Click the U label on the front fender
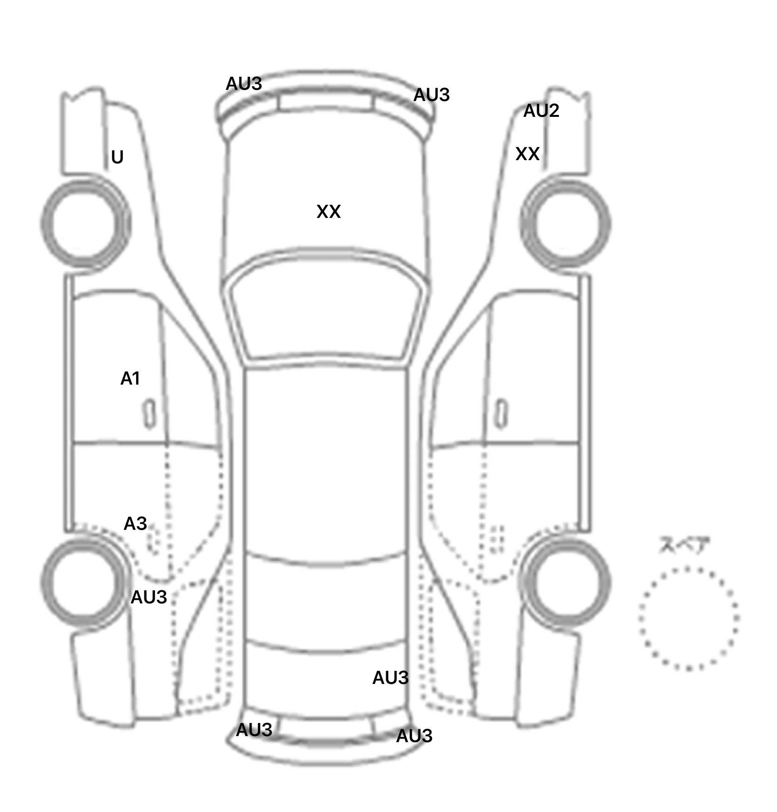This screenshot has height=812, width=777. coord(117,157)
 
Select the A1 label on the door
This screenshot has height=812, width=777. coord(130,379)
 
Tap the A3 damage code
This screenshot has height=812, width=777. coord(135,524)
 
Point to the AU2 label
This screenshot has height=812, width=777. coord(541,110)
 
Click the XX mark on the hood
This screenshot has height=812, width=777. coord(328,211)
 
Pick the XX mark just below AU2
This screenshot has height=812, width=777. coord(527,154)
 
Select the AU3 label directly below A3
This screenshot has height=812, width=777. coord(149,597)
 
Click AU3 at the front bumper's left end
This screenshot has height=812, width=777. coord(244,84)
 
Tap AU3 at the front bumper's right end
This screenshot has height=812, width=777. coord(431,95)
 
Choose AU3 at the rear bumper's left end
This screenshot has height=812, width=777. coord(254,730)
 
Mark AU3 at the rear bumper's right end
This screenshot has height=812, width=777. coord(414,736)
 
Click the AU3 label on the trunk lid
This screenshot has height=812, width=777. coord(390,678)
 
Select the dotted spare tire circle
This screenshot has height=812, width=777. coord(689,618)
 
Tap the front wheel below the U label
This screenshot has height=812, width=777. coord(86,224)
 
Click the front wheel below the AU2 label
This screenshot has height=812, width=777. coord(566,224)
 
